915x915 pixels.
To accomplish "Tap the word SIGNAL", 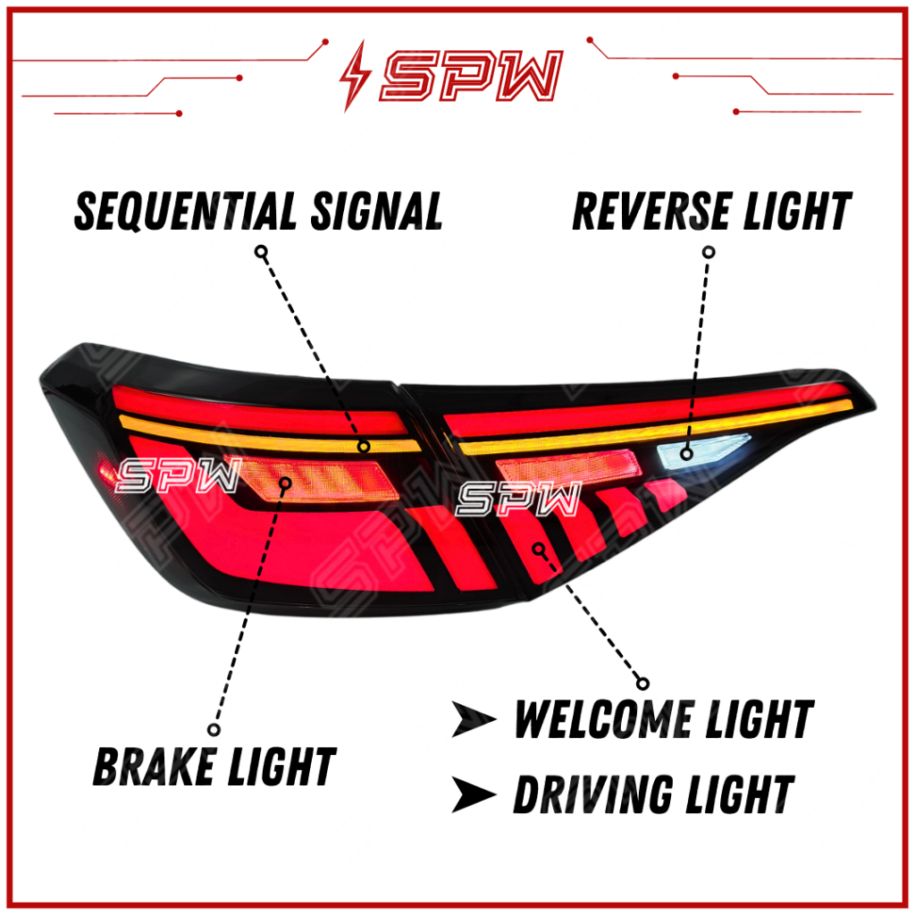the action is tap(376, 211).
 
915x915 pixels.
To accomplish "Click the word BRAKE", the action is tap(154, 766).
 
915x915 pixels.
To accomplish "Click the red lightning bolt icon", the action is tap(355, 75).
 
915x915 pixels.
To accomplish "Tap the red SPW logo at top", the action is tap(472, 75).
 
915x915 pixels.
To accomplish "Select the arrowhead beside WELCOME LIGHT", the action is tap(474, 719).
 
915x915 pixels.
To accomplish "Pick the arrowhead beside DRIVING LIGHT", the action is tap(474, 794).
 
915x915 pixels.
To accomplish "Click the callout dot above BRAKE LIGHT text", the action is tap(214, 729).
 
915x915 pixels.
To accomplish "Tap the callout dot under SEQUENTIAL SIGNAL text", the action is tap(262, 252).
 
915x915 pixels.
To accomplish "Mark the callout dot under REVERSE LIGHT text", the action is tap(709, 252).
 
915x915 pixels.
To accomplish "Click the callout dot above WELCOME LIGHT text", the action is tap(642, 684).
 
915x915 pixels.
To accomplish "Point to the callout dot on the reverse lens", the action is tap(687, 453).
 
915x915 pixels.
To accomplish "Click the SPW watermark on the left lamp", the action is tap(179, 475).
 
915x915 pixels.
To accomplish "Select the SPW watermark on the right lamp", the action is tap(519, 499).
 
